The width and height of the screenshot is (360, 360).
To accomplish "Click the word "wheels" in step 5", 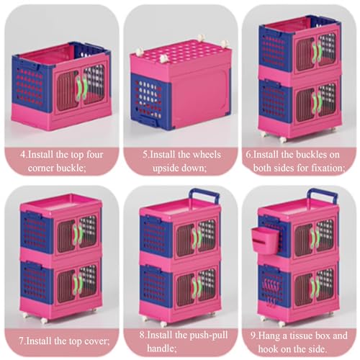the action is click(207, 154).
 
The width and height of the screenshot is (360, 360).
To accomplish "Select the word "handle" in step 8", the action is click(161, 348).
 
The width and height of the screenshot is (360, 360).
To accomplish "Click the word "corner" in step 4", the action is click(41, 168).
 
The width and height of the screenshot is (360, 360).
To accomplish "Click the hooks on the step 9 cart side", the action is click(271, 289).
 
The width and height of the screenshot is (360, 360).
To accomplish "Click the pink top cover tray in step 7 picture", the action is click(61, 204).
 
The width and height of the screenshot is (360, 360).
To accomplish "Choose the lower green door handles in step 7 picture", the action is click(77, 284).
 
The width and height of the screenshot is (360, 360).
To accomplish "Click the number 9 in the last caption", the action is click(253, 336).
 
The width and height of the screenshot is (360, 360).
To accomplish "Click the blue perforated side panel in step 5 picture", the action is click(150, 99).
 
